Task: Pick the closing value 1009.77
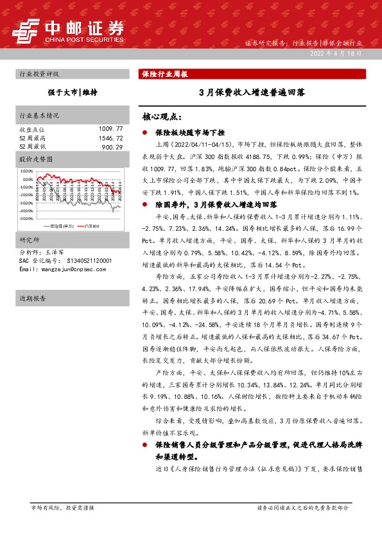click(x=110, y=129)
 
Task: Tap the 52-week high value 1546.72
click(x=110, y=138)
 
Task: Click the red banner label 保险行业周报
click(x=164, y=74)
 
